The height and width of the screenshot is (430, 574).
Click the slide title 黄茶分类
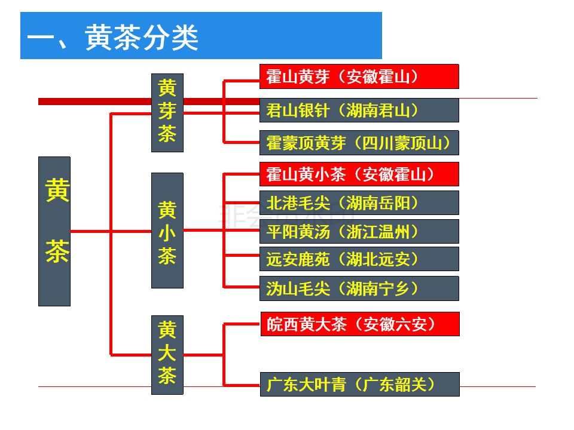pos(142,38)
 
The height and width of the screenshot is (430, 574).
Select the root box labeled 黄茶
pos(54,231)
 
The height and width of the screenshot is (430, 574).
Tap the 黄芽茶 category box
pos(167,112)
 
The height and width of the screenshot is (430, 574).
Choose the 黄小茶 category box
pos(167,231)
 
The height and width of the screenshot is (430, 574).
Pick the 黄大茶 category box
pos(167,355)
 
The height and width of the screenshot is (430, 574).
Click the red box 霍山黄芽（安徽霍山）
pos(359,76)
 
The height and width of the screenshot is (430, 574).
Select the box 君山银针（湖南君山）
pos(359,110)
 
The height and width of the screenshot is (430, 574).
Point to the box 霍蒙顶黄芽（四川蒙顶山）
pos(359,143)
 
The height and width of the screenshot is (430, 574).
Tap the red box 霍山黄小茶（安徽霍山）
pos(359,174)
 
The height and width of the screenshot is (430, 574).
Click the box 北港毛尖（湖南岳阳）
pos(359,202)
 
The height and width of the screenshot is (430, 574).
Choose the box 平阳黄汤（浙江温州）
pos(359,231)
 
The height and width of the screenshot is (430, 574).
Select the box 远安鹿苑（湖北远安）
pos(359,259)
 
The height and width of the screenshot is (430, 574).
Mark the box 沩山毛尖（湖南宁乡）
pos(359,288)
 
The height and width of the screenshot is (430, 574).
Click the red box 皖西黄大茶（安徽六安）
pos(359,324)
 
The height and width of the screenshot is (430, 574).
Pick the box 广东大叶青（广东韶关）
pos(359,384)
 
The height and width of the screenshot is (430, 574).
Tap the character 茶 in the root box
pos(57,253)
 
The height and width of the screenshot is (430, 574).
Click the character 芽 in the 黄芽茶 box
pos(167,112)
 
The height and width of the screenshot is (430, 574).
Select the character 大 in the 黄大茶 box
pos(167,354)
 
